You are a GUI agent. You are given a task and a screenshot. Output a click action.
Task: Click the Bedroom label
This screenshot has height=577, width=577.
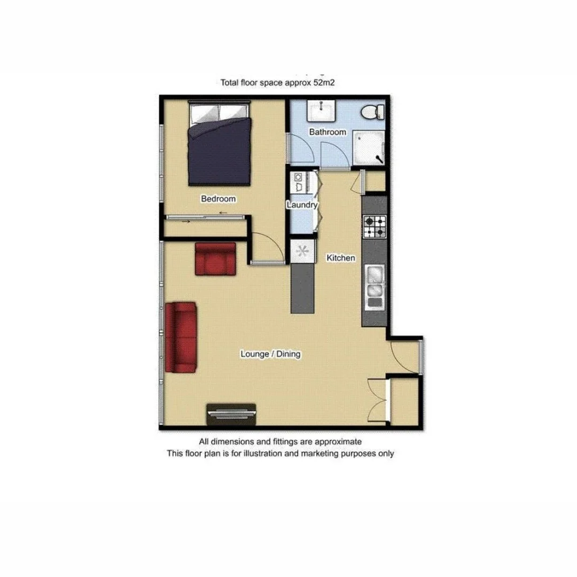(218, 199)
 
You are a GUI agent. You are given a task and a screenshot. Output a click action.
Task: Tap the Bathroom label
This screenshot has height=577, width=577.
(328, 131)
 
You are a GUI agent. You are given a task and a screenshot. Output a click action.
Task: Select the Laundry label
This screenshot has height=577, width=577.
(302, 205)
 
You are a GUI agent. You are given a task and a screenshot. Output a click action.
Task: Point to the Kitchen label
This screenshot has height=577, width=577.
(341, 258)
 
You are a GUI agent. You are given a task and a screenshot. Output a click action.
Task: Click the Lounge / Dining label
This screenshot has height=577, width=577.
(270, 354)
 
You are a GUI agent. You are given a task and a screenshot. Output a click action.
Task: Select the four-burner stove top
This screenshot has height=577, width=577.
(375, 226)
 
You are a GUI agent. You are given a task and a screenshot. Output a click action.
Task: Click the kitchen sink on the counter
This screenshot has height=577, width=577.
(374, 283)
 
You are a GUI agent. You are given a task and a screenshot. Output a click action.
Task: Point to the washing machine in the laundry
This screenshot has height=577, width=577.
(297, 181)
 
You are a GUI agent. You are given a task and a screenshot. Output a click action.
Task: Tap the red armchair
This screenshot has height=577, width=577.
(215, 259)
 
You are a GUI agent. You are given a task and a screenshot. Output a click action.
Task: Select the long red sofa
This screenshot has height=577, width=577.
(181, 337)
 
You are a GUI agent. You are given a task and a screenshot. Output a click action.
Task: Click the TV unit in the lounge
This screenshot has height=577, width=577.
(232, 414)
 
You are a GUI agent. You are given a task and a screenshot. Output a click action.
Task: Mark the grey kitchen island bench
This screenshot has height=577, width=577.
(302, 288)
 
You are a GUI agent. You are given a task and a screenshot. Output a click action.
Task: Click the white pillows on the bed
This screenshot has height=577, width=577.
(219, 112)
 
